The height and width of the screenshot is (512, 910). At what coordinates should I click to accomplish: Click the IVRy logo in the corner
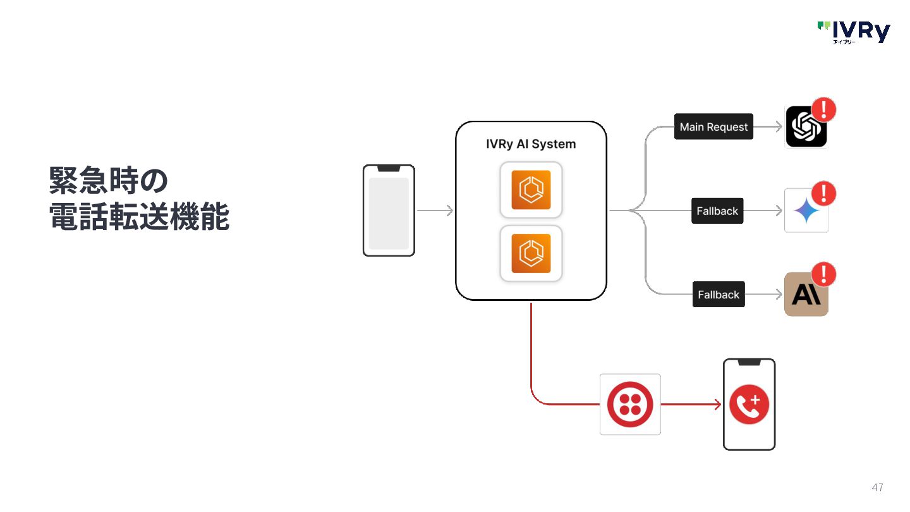[x=854, y=32]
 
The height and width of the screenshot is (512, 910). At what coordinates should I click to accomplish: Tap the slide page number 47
[x=877, y=487]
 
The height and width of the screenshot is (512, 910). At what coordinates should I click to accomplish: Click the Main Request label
[x=713, y=127]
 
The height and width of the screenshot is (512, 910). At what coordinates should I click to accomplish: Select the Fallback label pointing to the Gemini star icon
[x=717, y=211]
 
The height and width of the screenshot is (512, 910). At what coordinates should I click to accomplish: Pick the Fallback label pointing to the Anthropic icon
[x=719, y=295]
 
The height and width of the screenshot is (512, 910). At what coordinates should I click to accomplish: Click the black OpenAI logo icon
[x=805, y=128]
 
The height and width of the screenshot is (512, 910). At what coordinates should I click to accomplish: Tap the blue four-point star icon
[x=806, y=211]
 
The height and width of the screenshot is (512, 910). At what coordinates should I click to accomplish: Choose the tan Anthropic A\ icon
[x=806, y=295]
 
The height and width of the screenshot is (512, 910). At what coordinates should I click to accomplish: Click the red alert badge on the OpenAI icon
[x=823, y=110]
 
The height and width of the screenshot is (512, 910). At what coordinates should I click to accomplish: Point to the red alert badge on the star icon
[x=823, y=193]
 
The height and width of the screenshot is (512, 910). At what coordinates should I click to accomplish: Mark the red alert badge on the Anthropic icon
[x=823, y=274]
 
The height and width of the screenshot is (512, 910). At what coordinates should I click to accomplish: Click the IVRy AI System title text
[x=531, y=144]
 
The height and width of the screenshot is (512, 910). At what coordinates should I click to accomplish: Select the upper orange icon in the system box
[x=531, y=190]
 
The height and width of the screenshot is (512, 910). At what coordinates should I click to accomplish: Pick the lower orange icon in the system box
[x=531, y=253]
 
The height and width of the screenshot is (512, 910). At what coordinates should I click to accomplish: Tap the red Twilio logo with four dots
[x=629, y=404]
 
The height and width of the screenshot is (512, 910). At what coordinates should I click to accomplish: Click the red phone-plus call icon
[x=749, y=405]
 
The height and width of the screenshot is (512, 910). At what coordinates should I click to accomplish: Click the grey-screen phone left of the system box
[x=389, y=210]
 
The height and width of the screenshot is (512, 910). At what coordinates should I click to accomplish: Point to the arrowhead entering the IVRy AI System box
[x=450, y=211]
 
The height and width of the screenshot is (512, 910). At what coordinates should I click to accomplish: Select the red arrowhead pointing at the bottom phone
[x=718, y=405]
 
